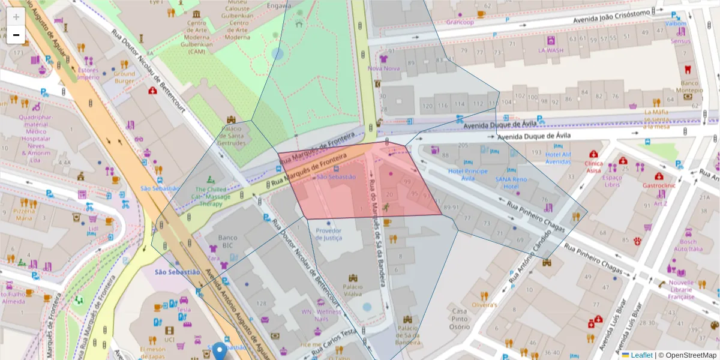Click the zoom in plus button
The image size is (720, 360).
(x=16, y=17)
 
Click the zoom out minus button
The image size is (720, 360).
(x=16, y=35)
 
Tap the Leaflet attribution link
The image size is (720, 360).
(x=641, y=355)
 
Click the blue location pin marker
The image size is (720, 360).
(x=220, y=350)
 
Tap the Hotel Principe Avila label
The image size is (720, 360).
(x=469, y=175)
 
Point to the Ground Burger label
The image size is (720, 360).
(x=124, y=77)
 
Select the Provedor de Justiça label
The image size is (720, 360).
(x=328, y=234)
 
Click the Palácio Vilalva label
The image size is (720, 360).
(x=352, y=290)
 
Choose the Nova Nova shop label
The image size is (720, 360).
(x=383, y=68)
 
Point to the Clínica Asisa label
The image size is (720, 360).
(x=593, y=167)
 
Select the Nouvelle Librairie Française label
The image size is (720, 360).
(x=680, y=290)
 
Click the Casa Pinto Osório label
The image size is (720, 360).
(x=460, y=319)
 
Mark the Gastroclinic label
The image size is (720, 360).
(x=659, y=186)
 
